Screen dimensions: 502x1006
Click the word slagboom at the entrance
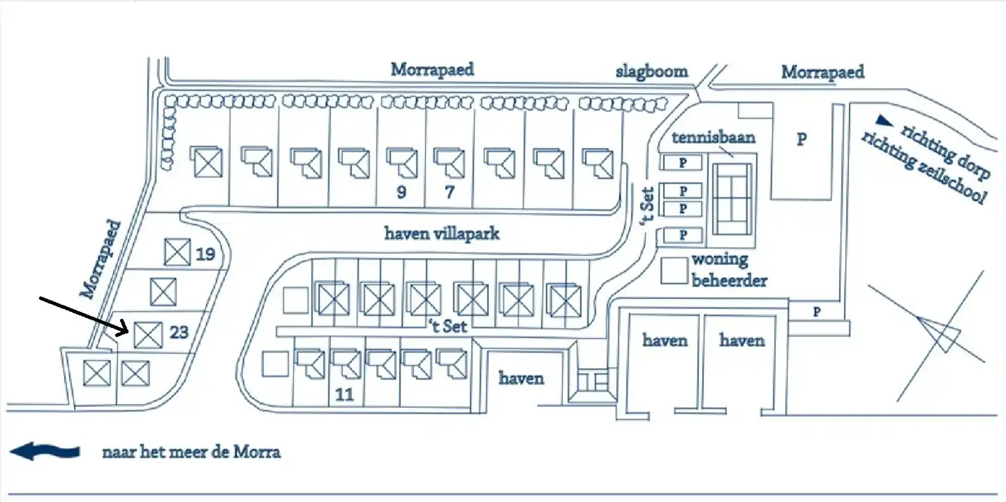pos(651,71)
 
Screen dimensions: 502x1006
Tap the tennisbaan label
pos(713,137)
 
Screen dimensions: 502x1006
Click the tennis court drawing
pos(732,199)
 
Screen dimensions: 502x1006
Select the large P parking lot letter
pos(802,139)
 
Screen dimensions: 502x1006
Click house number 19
pos(205,254)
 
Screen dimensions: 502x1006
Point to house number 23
pos(179,331)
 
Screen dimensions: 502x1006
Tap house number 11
pos(344,394)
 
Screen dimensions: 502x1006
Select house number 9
pos(401,192)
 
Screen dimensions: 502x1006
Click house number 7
pos(449,192)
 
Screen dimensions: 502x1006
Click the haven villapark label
pos(442,233)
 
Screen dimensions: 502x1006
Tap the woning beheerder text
pos(729,270)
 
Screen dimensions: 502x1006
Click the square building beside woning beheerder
pos(674,271)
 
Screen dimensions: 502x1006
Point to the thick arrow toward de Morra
pos(45,452)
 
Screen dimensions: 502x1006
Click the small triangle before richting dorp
pos(885,120)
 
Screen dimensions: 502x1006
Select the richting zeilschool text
pos(922,168)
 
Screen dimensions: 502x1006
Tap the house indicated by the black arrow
pos(148,334)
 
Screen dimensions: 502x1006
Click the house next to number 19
pos(177,252)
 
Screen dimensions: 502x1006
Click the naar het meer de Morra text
pos(191,452)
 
